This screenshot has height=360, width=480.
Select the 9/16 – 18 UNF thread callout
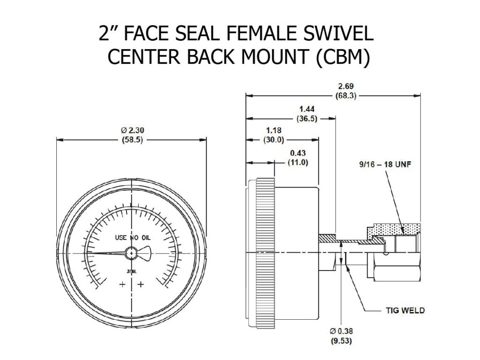[x=377, y=165]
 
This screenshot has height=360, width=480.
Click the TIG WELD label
[x=402, y=310]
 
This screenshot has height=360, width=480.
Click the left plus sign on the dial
[x=123, y=284]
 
